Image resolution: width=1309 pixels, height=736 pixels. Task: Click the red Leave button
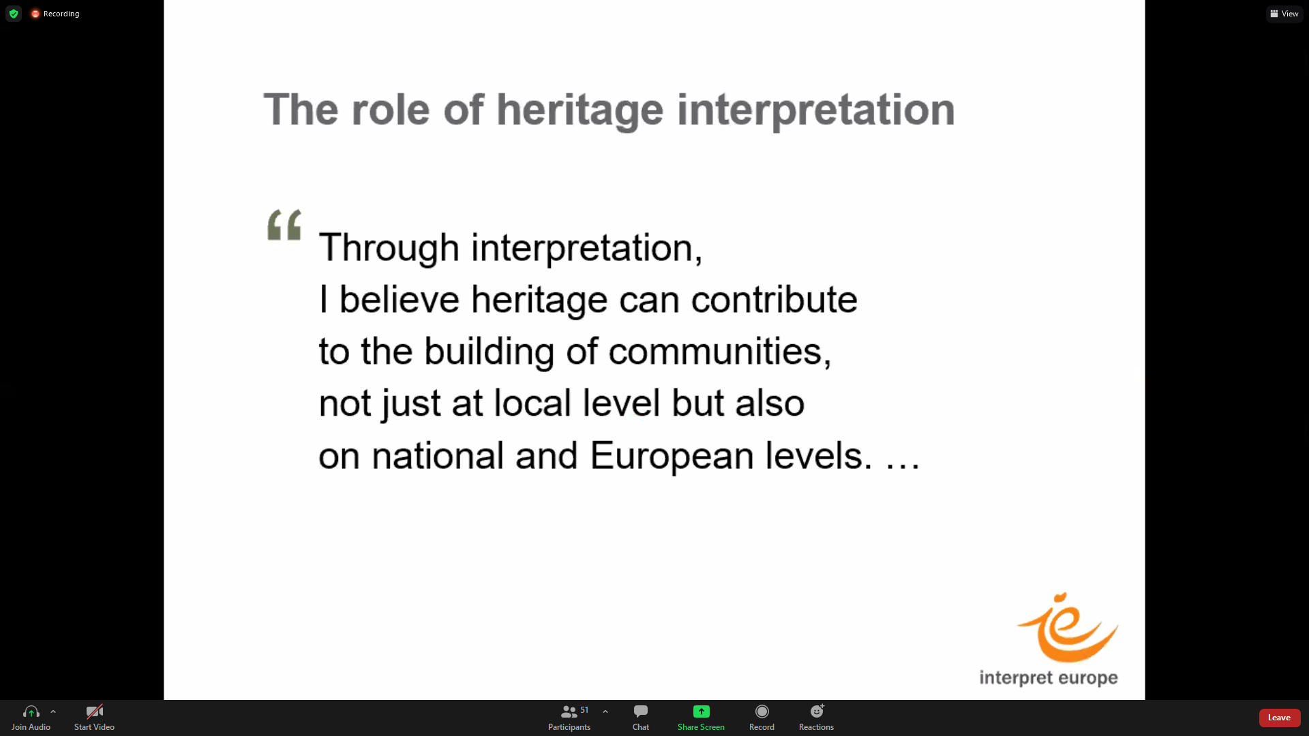click(x=1279, y=718)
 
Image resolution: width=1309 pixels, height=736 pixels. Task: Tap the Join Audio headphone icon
click(x=31, y=711)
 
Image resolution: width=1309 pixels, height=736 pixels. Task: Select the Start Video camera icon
click(x=94, y=711)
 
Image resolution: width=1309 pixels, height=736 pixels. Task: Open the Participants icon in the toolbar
click(x=569, y=711)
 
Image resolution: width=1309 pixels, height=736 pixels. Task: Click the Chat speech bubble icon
click(x=641, y=711)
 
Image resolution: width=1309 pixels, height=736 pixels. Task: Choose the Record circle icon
click(x=762, y=711)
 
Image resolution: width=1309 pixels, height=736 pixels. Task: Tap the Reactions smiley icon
click(x=817, y=711)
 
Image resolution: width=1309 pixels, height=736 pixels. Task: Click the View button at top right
click(x=1284, y=14)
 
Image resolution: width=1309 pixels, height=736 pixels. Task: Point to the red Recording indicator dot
click(x=35, y=14)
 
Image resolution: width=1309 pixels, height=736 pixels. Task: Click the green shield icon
click(x=14, y=14)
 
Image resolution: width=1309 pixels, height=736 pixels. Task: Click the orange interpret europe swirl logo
click(x=1067, y=628)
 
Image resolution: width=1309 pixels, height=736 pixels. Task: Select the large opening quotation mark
click(x=284, y=225)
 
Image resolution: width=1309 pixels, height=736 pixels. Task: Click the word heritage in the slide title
click(x=580, y=110)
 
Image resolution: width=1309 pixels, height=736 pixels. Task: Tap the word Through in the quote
click(x=389, y=247)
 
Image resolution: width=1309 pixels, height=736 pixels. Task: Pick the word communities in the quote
click(x=719, y=352)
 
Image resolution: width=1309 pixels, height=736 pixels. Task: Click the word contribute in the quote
click(x=774, y=300)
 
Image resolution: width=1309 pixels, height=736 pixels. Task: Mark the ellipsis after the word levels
click(x=903, y=466)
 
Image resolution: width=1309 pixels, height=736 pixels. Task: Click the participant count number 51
click(x=584, y=710)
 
